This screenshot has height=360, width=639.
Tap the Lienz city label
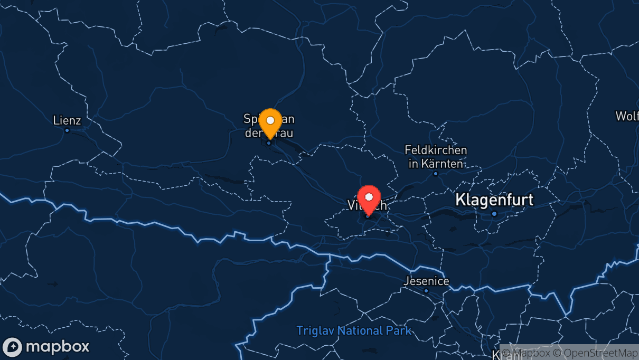(67, 120)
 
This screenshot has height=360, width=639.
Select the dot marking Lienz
(67, 130)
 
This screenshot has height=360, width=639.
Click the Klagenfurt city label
(494, 200)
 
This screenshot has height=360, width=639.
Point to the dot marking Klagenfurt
(494, 213)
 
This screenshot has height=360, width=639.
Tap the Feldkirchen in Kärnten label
(436, 157)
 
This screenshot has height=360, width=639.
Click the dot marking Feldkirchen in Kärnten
(436, 173)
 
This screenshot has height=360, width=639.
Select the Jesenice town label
(426, 281)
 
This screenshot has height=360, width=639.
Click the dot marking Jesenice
(426, 291)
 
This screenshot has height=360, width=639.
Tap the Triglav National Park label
(354, 331)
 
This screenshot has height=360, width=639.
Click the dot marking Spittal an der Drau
(269, 143)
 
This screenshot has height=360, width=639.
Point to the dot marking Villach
(368, 215)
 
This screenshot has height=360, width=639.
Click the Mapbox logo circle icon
(12, 347)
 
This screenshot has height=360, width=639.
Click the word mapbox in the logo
(57, 347)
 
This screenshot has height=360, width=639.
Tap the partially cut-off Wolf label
(627, 116)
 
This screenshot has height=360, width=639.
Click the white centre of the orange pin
(270, 120)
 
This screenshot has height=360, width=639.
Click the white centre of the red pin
(369, 196)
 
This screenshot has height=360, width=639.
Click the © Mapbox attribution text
(528, 353)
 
